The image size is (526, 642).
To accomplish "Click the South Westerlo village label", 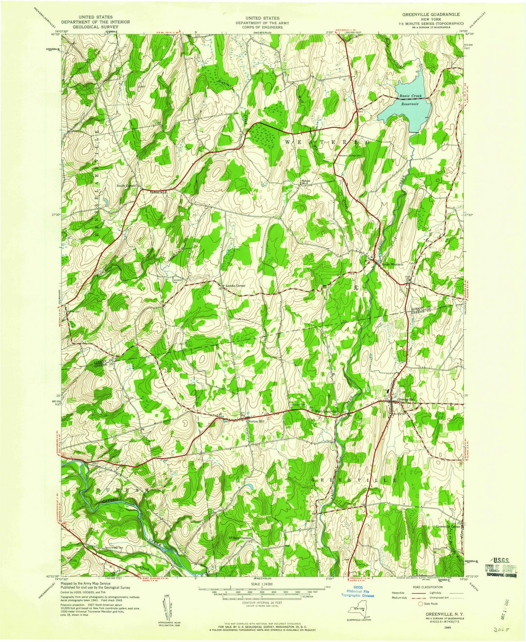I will tap(393, 264).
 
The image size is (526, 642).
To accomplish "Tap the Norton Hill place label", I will tap(257, 422).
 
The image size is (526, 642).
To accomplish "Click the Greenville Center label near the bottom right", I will tap(448, 527).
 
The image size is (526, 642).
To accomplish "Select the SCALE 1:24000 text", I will tap(263, 584).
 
